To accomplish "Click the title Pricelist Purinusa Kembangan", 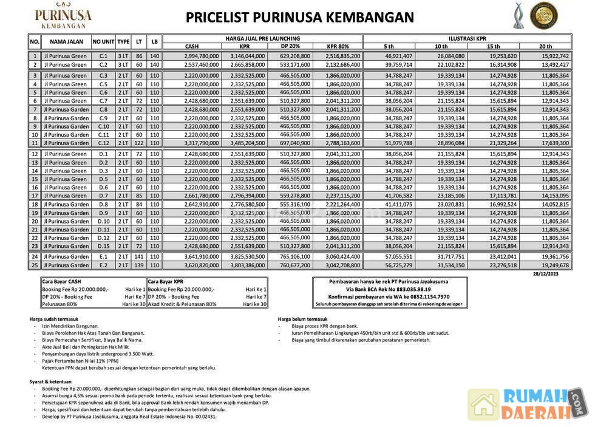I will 300,18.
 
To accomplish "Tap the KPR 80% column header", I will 338,47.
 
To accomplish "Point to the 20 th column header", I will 545,47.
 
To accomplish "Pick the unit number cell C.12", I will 103,143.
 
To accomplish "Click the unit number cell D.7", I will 103,196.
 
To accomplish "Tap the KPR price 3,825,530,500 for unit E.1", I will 246,257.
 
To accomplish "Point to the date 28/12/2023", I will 558,274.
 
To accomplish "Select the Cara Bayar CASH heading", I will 62,282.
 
